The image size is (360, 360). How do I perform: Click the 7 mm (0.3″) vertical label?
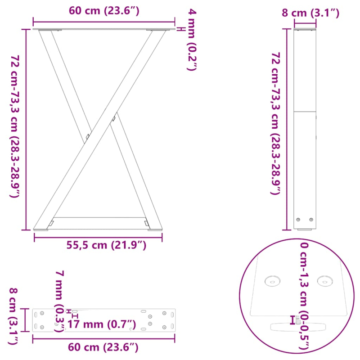point(59,300)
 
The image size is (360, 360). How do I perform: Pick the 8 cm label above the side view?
point(310,13)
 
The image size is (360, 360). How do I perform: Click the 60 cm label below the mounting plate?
point(104,347)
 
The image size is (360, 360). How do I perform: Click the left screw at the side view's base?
point(298,220)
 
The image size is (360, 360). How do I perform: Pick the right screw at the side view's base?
point(311,220)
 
